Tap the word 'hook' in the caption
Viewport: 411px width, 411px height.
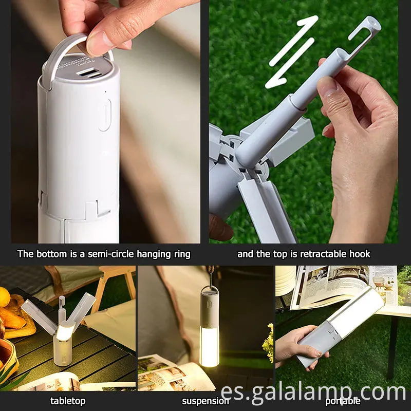(x=359, y=254)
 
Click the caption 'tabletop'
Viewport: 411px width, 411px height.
(x=68, y=401)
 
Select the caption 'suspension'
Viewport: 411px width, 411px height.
(x=205, y=401)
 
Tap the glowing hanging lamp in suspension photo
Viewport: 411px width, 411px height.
(x=209, y=339)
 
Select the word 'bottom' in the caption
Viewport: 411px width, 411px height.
(x=49, y=254)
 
